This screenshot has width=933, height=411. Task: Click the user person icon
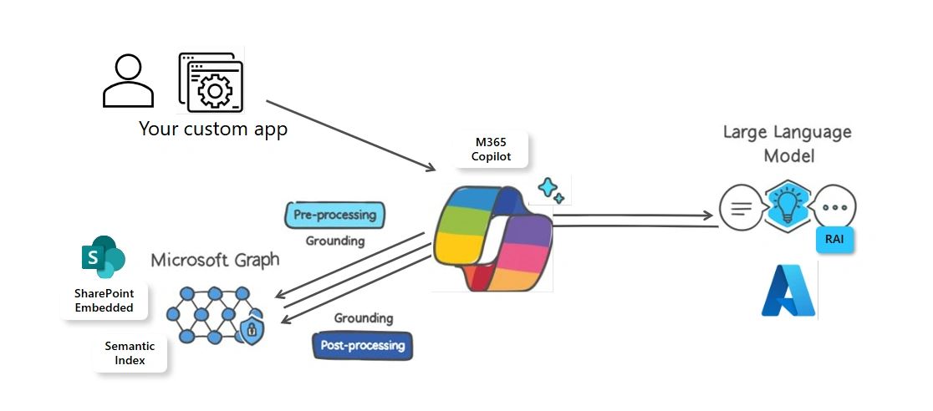128,82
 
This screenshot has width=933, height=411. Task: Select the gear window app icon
211,83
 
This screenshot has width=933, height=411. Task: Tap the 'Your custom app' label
212,129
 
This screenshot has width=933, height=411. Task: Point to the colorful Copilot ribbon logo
492,239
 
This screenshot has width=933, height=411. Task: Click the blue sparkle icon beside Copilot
550,190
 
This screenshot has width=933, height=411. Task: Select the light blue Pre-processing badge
334,215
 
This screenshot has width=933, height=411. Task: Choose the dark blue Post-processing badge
362,345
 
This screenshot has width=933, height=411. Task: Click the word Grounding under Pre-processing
334,241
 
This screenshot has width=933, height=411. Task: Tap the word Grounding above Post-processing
363,318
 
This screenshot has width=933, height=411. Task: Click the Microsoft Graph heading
215,260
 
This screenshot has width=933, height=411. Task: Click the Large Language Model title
787,144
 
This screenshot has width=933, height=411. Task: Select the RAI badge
834,238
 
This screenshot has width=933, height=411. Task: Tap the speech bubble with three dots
836,205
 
